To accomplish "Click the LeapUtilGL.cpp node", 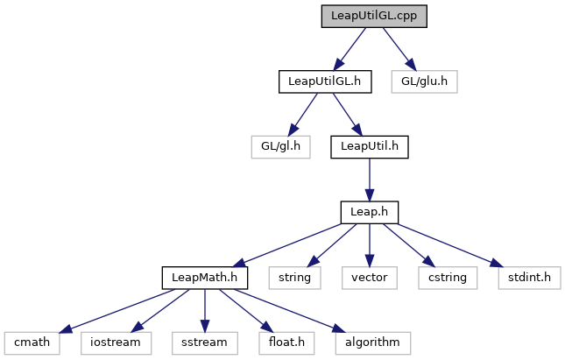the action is point(374,17).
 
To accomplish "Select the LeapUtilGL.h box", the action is point(325,81).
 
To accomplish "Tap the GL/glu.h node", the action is point(425,81).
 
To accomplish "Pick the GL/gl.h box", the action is point(280,146).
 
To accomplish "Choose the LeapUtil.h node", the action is point(370,146).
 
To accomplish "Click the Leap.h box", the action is point(370,212).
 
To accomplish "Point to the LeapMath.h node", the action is point(205,278).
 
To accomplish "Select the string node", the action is point(294,278).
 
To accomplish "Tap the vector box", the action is point(370,278).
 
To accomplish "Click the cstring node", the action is point(448,278).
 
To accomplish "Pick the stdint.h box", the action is point(529,278).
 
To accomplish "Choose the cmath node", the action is point(32,342).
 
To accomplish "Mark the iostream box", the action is point(116,342).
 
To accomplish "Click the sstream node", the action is point(205,342).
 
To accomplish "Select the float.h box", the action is point(286,342).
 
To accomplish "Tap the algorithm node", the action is point(372,342).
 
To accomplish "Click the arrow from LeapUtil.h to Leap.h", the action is point(370,180).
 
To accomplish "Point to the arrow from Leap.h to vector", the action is point(370,245).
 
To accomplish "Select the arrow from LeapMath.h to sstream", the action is point(205,310).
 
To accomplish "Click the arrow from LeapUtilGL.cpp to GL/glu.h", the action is point(399,49).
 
